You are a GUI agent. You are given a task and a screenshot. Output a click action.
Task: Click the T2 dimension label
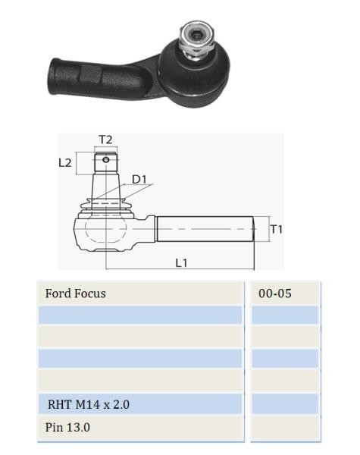105,140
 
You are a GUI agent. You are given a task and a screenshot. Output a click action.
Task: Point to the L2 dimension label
65,163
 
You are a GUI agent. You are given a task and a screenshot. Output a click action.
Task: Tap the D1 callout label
139,180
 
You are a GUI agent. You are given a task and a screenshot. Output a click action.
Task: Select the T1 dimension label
277,229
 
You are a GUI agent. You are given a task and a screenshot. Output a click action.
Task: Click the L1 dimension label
182,263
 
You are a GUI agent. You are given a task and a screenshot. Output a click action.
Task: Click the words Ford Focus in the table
76,293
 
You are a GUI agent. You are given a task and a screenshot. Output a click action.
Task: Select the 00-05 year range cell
274,293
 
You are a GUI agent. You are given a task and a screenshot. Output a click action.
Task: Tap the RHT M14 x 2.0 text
89,404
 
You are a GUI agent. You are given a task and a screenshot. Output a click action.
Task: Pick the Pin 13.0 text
67,428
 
